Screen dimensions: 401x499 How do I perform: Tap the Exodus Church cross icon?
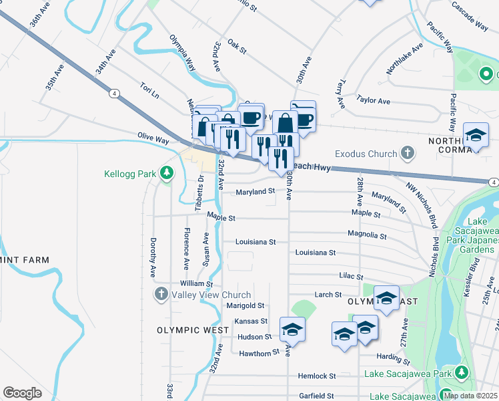click(408, 154)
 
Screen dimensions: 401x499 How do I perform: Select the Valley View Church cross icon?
click(161, 294)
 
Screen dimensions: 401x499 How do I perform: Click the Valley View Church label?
click(211, 295)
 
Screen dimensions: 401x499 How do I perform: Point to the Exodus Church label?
click(366, 154)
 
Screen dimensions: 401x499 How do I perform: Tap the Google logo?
click(23, 393)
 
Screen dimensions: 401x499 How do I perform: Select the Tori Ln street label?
click(149, 89)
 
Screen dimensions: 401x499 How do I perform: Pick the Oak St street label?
click(237, 47)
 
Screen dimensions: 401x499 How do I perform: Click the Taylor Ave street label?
click(373, 100)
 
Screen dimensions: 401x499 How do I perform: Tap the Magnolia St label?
click(367, 235)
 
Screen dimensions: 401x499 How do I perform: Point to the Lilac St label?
click(351, 276)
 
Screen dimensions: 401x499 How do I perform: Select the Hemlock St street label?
click(318, 376)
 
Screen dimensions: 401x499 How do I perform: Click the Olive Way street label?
click(153, 136)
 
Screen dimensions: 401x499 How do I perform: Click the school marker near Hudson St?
click(292, 329)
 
